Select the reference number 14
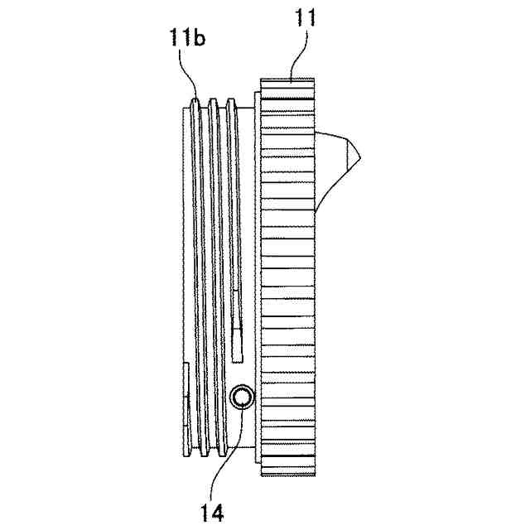(x=212, y=512)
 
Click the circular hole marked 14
(x=242, y=398)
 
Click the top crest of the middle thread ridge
(x=214, y=103)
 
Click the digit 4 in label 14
(x=218, y=512)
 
